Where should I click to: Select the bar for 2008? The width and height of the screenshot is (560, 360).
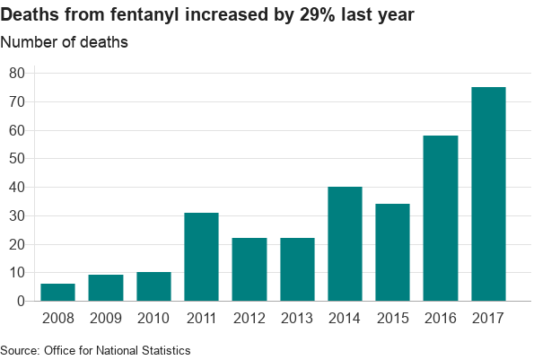coord(58,293)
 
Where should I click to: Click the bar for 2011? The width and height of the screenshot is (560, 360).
coord(201,257)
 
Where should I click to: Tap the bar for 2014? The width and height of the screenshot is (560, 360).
coord(345,244)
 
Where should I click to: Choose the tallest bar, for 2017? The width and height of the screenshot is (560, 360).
coord(488,194)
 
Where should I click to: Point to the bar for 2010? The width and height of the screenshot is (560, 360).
coord(153,286)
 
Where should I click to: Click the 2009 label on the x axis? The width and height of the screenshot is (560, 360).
coord(106,317)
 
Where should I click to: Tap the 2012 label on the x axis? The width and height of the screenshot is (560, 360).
coord(249,317)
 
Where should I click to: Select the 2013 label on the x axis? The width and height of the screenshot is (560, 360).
coord(297,317)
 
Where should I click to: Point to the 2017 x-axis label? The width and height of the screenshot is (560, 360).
coord(488,317)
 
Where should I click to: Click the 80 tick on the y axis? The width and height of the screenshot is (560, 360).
coord(17,73)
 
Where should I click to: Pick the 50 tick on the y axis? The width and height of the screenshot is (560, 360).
coord(17,159)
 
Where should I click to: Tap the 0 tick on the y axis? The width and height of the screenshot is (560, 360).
coord(21,302)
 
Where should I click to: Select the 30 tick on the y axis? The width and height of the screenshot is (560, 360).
coord(17,215)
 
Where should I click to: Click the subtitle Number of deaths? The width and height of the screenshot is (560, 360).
coord(64,42)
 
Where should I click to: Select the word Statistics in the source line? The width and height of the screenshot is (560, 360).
coord(164,349)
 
